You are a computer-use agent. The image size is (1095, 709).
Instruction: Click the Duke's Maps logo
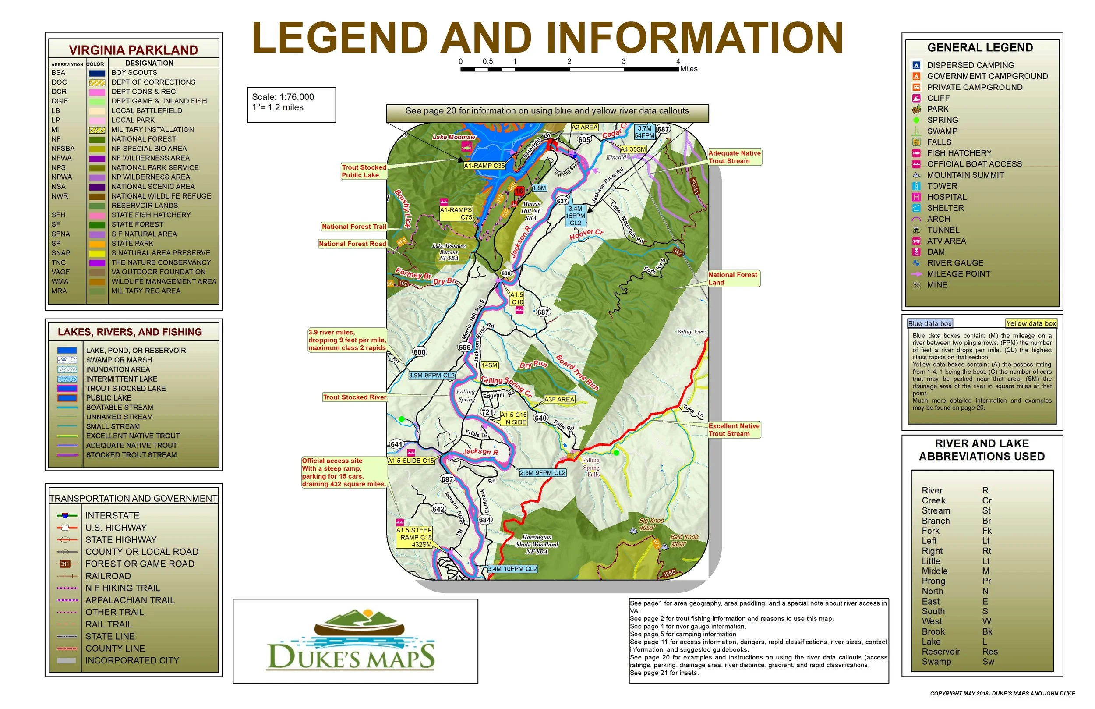coord(350,641)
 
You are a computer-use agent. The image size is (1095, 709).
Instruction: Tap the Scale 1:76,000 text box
coord(292,104)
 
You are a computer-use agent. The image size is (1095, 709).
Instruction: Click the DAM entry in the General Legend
coord(936,252)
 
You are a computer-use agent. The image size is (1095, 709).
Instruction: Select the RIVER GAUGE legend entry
coord(955,263)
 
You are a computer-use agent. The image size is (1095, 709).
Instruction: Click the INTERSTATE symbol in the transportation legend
coord(67,516)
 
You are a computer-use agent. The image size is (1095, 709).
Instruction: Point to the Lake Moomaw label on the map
coord(454,137)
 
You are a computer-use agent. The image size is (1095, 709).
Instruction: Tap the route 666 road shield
coord(465,347)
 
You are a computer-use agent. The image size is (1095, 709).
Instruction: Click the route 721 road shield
coord(487,412)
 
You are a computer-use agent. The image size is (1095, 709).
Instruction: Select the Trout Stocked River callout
coord(354,397)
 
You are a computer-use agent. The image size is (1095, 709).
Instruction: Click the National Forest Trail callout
coord(354,227)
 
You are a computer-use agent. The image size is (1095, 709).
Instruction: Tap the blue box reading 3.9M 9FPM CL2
coord(431,376)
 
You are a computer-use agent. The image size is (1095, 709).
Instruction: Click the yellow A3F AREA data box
coord(559,400)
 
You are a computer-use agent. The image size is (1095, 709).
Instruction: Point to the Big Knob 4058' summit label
coord(651,525)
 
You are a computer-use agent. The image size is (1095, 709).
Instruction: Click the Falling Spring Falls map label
coord(591,467)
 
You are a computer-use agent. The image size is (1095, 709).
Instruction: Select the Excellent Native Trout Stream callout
coord(734,430)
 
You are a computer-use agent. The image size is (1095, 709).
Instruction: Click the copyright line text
coord(1002,694)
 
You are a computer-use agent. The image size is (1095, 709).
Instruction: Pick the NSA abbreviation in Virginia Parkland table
coord(58,187)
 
